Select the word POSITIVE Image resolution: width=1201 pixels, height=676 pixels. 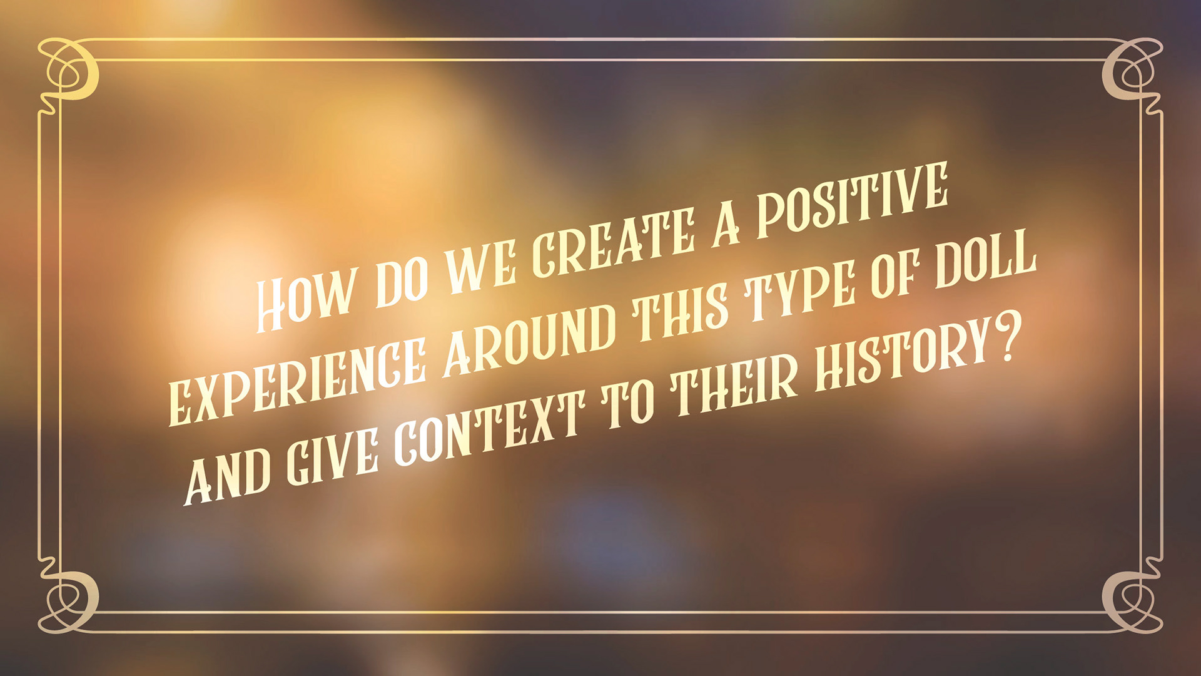pos(853,200)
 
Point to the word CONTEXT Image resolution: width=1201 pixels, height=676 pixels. pos(490,428)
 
